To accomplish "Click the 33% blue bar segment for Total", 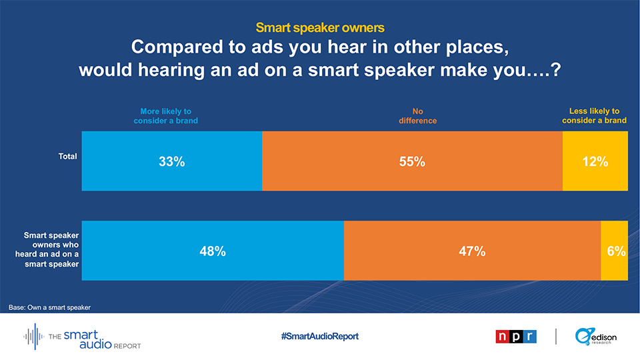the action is pyautogui.click(x=172, y=161).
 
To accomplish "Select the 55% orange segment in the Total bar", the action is pyautogui.click(x=412, y=161).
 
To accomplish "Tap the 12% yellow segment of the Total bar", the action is pyautogui.click(x=595, y=161).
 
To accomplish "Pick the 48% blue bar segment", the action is pyautogui.click(x=213, y=251).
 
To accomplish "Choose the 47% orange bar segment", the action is pyautogui.click(x=472, y=251).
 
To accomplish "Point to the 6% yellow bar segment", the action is pyautogui.click(x=614, y=251).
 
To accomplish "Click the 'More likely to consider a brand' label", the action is pyautogui.click(x=166, y=116).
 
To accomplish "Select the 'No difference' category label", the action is pyautogui.click(x=417, y=116).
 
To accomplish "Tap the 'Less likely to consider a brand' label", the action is pyautogui.click(x=594, y=115).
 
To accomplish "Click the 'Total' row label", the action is pyautogui.click(x=67, y=156).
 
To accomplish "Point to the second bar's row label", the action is pyautogui.click(x=47, y=249).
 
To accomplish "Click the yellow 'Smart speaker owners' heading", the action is pyautogui.click(x=320, y=27).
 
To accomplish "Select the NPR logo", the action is pyautogui.click(x=516, y=336).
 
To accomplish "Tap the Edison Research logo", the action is pyautogui.click(x=596, y=336).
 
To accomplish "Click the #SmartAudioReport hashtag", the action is pyautogui.click(x=319, y=336).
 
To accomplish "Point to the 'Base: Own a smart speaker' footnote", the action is pyautogui.click(x=49, y=307).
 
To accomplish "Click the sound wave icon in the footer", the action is pyautogui.click(x=34, y=336).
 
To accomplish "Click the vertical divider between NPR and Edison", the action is pyautogui.click(x=555, y=336).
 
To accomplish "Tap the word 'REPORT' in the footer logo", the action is pyautogui.click(x=127, y=346).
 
